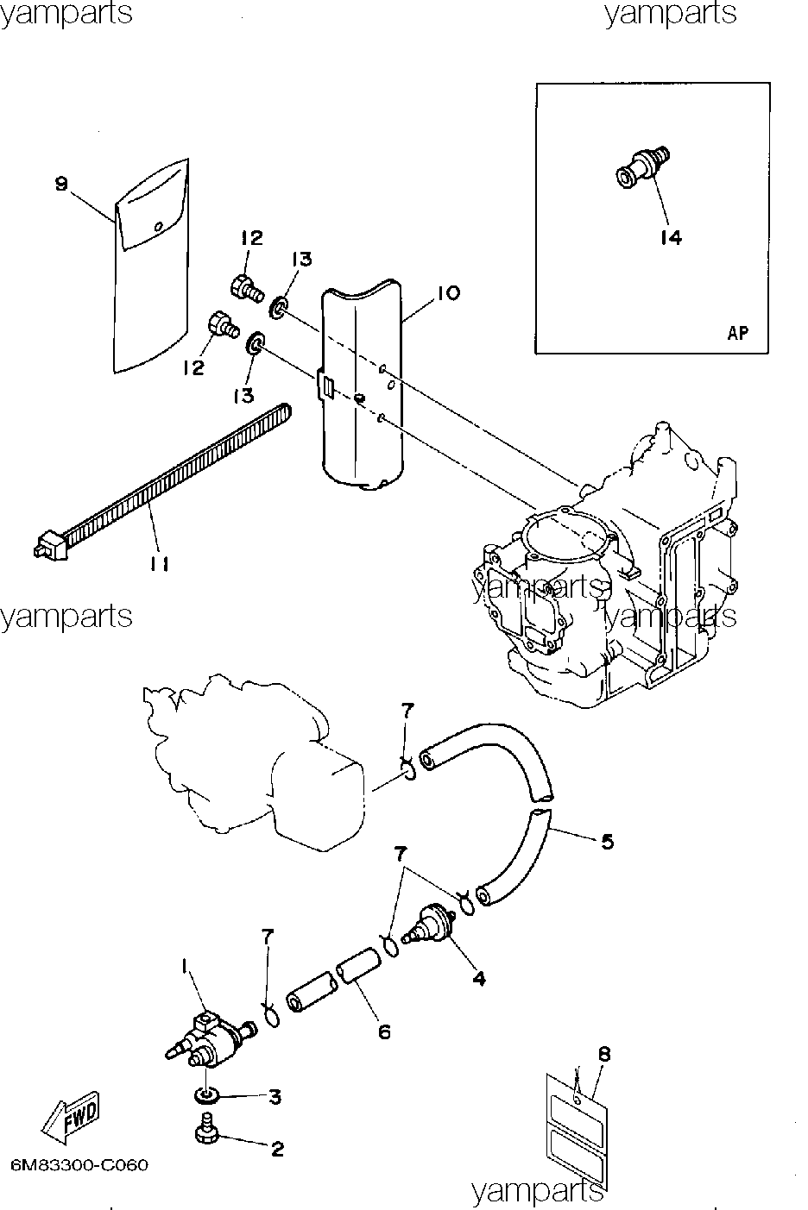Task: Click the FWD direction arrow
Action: (x=70, y=1118)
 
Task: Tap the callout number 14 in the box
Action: (x=671, y=238)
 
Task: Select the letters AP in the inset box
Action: (x=738, y=333)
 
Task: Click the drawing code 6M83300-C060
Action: (x=80, y=1165)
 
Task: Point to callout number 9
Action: (x=61, y=184)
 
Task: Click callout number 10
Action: (x=448, y=292)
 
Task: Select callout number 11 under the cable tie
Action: (x=159, y=564)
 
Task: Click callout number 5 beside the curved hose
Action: (x=608, y=841)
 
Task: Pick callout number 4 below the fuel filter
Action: (x=479, y=978)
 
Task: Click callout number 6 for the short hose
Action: (x=384, y=1032)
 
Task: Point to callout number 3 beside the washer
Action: (x=275, y=1096)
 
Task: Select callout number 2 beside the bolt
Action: (x=277, y=1150)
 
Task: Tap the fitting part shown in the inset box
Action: (x=643, y=167)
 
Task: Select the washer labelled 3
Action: (x=206, y=1096)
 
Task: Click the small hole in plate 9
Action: (x=158, y=227)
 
